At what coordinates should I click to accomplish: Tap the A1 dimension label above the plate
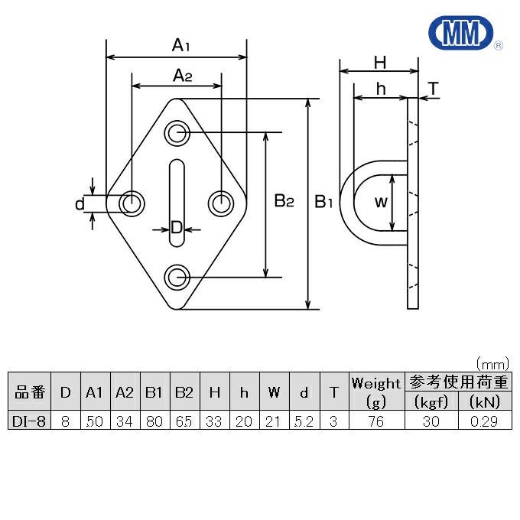(x=180, y=46)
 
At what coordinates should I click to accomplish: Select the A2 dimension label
(x=180, y=75)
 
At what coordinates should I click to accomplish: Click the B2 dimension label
(x=284, y=202)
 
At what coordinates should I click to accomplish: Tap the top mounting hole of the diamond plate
(x=177, y=132)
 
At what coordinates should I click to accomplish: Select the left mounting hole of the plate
(x=132, y=203)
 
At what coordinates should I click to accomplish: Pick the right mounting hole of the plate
(x=222, y=203)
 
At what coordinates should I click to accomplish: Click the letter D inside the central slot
(x=176, y=227)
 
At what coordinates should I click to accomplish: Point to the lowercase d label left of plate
(x=78, y=204)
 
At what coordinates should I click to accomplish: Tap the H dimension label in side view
(x=379, y=62)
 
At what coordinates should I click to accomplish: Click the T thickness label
(x=433, y=89)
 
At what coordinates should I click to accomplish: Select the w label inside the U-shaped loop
(x=382, y=203)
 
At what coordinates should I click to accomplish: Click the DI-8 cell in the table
(x=28, y=420)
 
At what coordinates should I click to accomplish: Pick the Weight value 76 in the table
(x=375, y=420)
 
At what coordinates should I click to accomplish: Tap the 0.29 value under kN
(x=485, y=420)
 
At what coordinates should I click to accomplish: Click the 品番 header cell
(x=28, y=392)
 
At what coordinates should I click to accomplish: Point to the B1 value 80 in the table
(x=154, y=420)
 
